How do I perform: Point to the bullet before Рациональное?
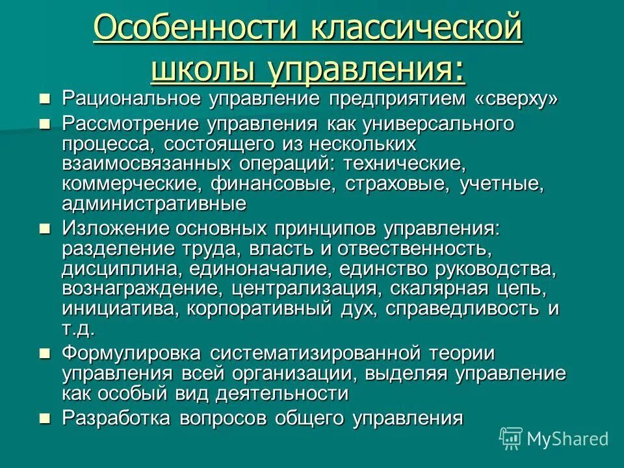pyautogui.click(x=45, y=99)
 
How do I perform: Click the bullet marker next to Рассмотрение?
pyautogui.click(x=45, y=123)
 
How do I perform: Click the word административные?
pyautogui.click(x=154, y=204)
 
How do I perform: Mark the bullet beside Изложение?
pyautogui.click(x=45, y=228)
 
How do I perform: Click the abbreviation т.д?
pyautogui.click(x=77, y=328)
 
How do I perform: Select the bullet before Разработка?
pyautogui.click(x=45, y=418)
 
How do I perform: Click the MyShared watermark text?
pyautogui.click(x=567, y=439)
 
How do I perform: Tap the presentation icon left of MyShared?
pyautogui.click(x=511, y=438)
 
